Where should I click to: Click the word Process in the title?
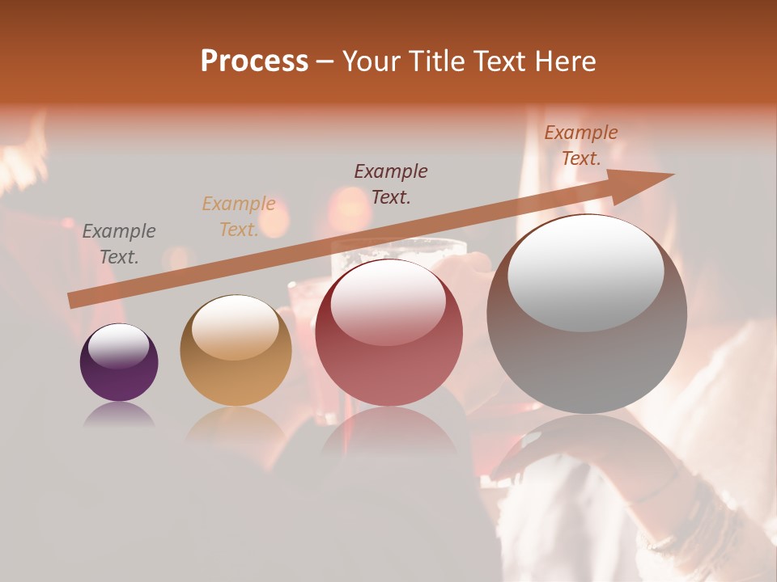254,61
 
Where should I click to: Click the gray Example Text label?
119,244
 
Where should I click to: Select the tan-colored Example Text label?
239,217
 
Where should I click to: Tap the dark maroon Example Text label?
391,183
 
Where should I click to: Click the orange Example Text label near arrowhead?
581,145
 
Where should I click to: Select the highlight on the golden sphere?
236,327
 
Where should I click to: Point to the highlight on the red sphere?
388,303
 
